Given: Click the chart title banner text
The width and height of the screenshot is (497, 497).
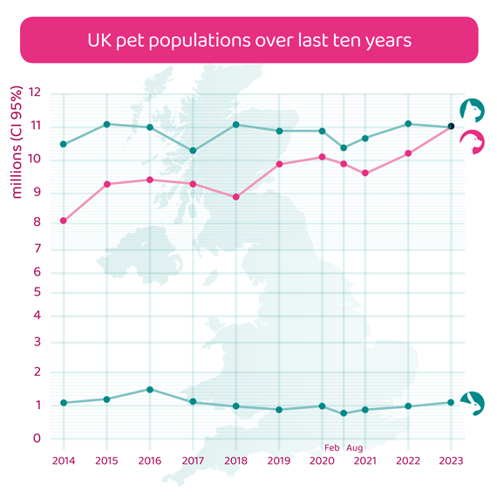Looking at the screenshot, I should click(x=248, y=40).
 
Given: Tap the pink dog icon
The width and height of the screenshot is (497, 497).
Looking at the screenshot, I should click(x=473, y=142).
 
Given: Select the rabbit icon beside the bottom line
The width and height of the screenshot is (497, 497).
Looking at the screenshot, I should click(x=473, y=403).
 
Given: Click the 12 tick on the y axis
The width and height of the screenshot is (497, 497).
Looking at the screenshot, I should click(x=35, y=92).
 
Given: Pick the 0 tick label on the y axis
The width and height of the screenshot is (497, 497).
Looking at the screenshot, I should click(x=36, y=438).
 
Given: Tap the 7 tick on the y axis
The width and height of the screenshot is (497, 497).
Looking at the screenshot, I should click(x=36, y=249).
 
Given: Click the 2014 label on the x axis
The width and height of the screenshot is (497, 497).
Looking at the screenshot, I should click(x=64, y=460).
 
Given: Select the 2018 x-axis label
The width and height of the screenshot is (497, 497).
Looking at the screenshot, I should click(x=236, y=460).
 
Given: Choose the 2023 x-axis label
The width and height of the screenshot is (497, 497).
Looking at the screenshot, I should click(x=451, y=460).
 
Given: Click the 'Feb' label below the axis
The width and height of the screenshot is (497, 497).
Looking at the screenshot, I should click(x=331, y=448).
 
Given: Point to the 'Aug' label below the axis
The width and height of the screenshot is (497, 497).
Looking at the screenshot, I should click(x=355, y=448).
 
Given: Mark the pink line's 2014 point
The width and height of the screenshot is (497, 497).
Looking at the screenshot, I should click(x=64, y=221).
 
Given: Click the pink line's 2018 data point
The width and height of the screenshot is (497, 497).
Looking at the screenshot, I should click(x=236, y=197).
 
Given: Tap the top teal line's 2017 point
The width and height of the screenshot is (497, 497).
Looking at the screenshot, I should click(x=193, y=151).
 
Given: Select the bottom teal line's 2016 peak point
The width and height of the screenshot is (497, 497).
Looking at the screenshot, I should click(x=150, y=390).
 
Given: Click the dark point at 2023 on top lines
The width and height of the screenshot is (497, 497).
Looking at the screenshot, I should click(x=451, y=126).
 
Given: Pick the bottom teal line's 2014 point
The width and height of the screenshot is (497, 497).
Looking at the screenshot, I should click(x=64, y=403).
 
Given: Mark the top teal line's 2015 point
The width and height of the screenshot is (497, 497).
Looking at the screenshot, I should click(x=107, y=124).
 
